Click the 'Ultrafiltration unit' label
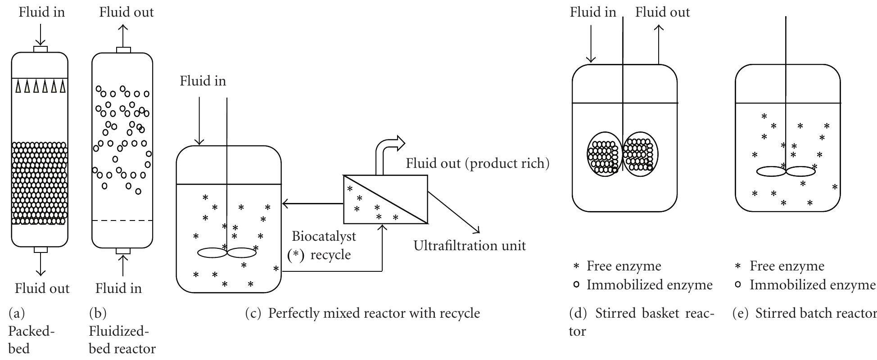click(470, 246)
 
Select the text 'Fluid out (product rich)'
click(478, 163)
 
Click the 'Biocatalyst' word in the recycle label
click(324, 236)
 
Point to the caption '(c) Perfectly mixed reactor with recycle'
click(362, 313)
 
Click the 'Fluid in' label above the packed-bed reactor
click(41, 12)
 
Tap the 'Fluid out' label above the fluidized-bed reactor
click(127, 12)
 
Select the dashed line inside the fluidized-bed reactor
click(122, 220)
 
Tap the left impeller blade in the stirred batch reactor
click(771, 171)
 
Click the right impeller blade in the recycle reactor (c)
click(242, 253)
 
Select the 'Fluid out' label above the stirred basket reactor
click(662, 12)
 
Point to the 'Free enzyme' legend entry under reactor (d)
click(624, 266)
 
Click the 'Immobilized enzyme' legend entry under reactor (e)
click(812, 285)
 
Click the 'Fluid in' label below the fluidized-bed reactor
click(118, 288)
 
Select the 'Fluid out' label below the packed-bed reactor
click(42, 288)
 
